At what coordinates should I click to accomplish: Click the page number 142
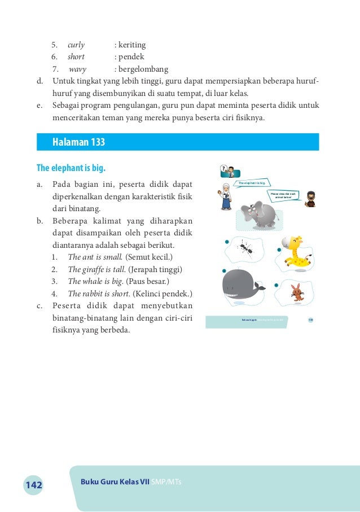(x=33, y=485)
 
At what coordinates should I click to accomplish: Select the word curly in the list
(x=76, y=45)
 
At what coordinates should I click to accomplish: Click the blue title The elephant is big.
(x=71, y=168)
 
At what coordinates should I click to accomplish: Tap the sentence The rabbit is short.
(x=99, y=294)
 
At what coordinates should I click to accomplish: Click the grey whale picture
(x=243, y=287)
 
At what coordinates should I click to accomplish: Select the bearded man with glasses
(x=309, y=199)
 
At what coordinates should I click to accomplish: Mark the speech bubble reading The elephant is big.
(x=253, y=183)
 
